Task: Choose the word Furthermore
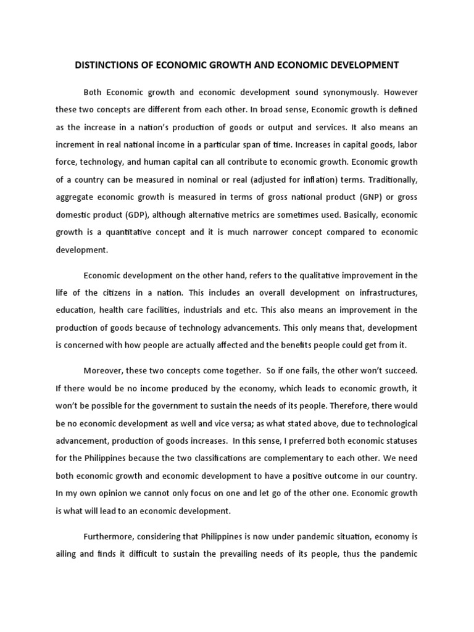tap(112, 518)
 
